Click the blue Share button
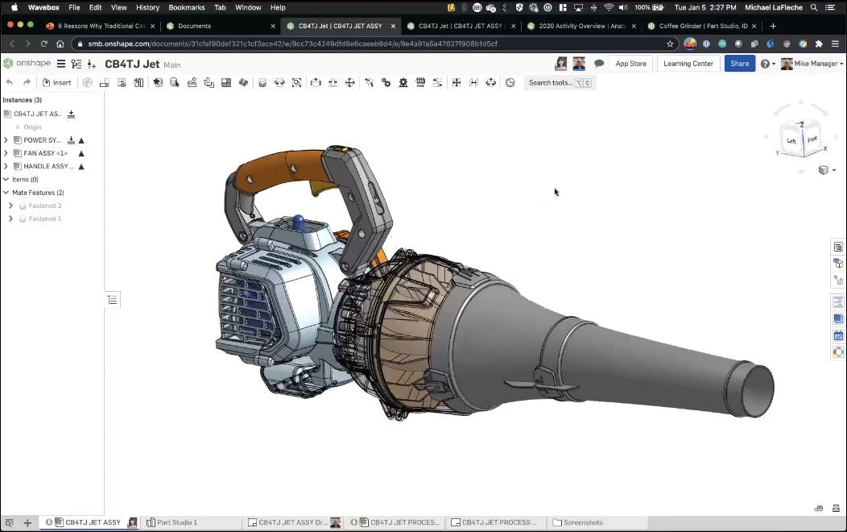coord(739,64)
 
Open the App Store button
coord(630,64)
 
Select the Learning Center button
coord(688,64)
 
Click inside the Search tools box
coord(551,82)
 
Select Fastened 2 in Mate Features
coord(45,206)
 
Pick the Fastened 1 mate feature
coord(45,218)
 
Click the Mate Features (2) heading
coord(37,193)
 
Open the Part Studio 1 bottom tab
coord(176,522)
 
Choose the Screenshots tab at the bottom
coord(582,522)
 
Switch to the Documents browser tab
coord(194,26)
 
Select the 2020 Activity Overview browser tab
coord(581,26)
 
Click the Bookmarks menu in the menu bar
coord(186,7)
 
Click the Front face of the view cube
coord(812,139)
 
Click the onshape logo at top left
coord(26,64)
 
